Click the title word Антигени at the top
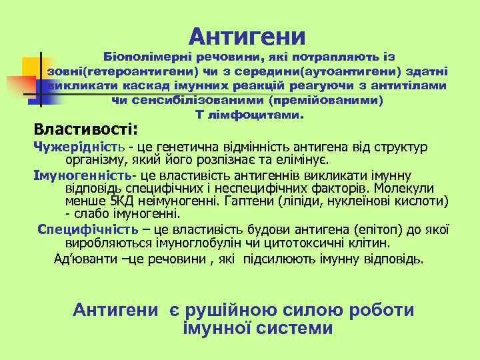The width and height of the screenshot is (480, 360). coord(247,35)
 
